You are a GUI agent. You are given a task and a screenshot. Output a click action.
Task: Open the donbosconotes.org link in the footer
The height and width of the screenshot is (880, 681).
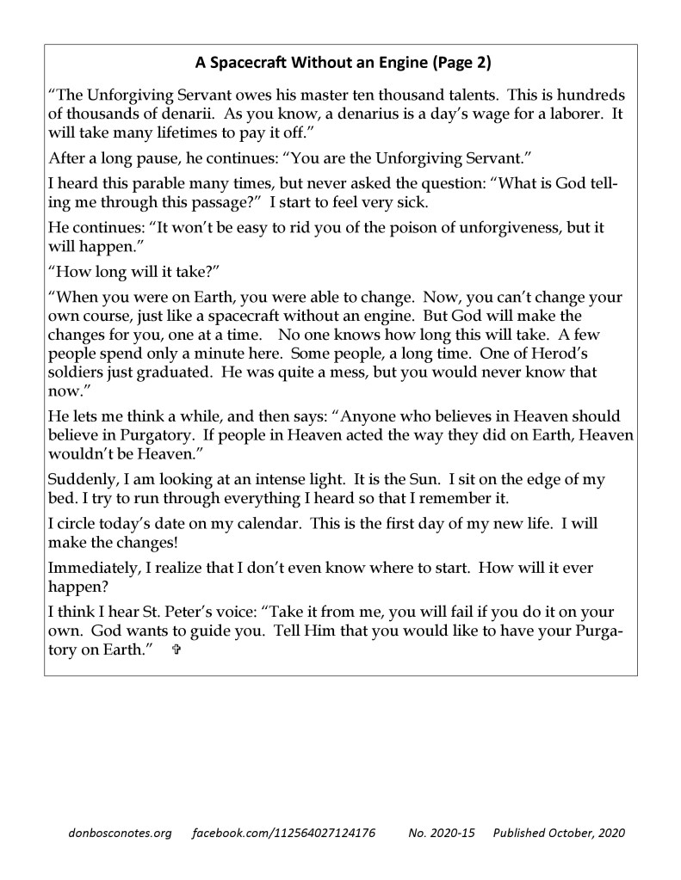(119, 834)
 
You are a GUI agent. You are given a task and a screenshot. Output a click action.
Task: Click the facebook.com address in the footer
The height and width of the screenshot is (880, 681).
(283, 834)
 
